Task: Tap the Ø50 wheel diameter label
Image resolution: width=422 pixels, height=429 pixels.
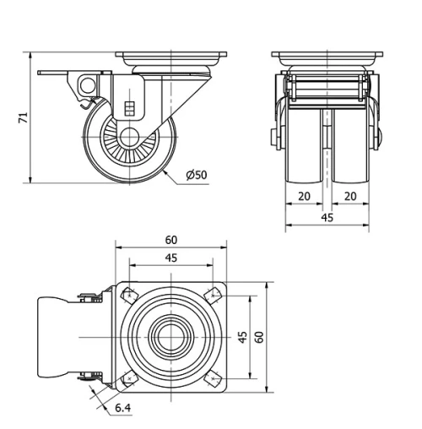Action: (196, 175)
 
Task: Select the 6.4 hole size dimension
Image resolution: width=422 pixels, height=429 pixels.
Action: (123, 410)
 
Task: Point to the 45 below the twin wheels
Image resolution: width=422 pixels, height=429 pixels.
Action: (327, 218)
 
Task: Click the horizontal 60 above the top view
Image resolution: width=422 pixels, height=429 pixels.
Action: (170, 239)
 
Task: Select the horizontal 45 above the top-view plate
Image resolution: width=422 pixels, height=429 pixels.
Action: (170, 258)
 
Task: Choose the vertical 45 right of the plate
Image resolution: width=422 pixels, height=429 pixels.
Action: (242, 337)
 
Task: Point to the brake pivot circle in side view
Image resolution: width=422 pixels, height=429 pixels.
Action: (86, 85)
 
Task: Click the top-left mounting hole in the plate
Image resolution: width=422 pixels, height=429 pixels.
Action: (130, 296)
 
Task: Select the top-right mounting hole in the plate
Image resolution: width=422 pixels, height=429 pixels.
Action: (211, 296)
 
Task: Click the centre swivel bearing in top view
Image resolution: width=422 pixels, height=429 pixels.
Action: (170, 337)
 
